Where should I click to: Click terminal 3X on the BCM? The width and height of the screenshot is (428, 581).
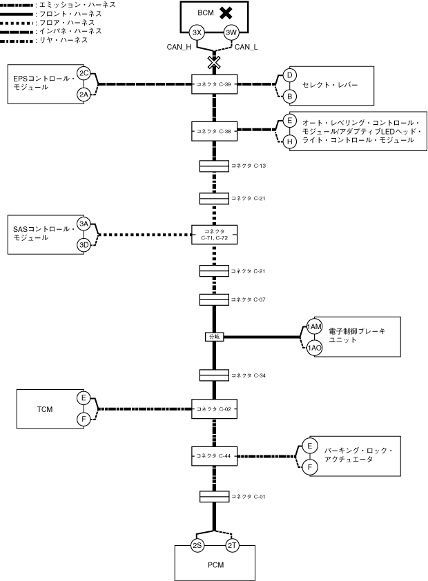pyautogui.click(x=197, y=32)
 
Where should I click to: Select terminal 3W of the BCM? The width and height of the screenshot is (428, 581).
pyautogui.click(x=231, y=32)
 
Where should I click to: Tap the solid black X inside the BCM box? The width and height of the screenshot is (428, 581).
pyautogui.click(x=226, y=13)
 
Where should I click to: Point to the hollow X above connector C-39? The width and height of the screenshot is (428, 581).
pyautogui.click(x=214, y=63)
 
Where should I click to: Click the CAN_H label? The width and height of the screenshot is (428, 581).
pyautogui.click(x=179, y=47)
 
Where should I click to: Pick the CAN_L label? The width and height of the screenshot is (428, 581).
pyautogui.click(x=246, y=47)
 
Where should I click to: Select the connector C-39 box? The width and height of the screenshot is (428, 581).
pyautogui.click(x=214, y=84)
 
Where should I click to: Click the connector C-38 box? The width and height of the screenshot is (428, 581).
pyautogui.click(x=214, y=131)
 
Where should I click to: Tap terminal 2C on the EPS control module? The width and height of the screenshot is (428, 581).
pyautogui.click(x=84, y=73)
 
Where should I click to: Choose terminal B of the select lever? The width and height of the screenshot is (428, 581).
pyautogui.click(x=290, y=97)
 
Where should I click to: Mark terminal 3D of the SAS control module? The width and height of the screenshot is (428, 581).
pyautogui.click(x=84, y=245)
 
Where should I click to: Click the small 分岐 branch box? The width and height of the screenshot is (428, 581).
pyautogui.click(x=215, y=337)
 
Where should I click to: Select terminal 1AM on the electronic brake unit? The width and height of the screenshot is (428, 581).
pyautogui.click(x=314, y=326)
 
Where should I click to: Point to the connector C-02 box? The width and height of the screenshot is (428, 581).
pyautogui.click(x=214, y=409)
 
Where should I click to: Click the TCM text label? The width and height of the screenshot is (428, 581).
pyautogui.click(x=45, y=409)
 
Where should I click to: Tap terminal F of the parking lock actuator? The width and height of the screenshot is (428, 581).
pyautogui.click(x=310, y=467)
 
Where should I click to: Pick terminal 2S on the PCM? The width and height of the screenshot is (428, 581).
pyautogui.click(x=197, y=545)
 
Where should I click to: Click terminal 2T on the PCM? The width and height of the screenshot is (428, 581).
pyautogui.click(x=232, y=545)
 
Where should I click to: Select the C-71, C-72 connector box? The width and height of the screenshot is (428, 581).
pyautogui.click(x=214, y=235)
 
